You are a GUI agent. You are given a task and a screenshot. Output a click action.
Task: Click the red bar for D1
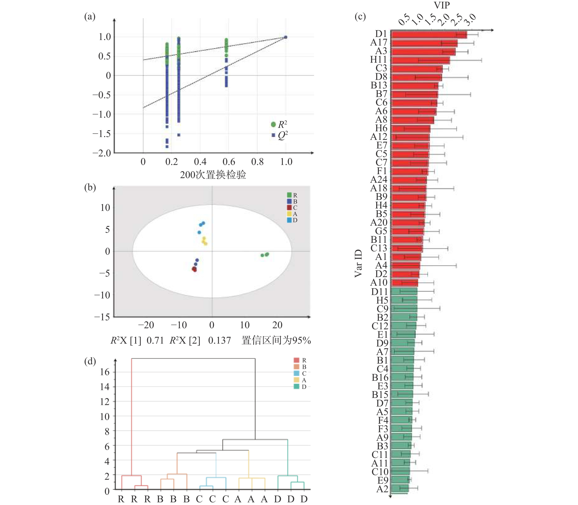(x=429, y=35)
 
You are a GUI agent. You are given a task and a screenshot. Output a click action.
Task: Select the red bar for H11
(x=420, y=60)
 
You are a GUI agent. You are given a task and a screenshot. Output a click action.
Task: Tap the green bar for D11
(x=404, y=291)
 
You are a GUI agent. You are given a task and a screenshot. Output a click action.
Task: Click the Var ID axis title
(x=358, y=263)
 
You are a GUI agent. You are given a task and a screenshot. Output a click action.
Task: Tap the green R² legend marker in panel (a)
(x=273, y=124)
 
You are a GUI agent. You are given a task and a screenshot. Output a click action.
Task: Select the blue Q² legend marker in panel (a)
(x=273, y=135)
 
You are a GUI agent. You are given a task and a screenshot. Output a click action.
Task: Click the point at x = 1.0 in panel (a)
(x=286, y=37)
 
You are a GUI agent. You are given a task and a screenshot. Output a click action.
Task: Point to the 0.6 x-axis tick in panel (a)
(x=229, y=162)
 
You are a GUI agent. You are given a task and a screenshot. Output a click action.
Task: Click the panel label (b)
(x=90, y=187)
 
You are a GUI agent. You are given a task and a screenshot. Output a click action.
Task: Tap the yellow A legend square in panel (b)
(x=289, y=214)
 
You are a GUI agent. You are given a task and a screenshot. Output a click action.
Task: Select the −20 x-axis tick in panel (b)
(x=146, y=325)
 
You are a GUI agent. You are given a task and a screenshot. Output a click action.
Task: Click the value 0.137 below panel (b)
(x=220, y=340)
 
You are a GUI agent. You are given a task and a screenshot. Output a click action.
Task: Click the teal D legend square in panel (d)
(x=296, y=386)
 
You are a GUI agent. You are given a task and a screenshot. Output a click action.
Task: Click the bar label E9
(x=383, y=480)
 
